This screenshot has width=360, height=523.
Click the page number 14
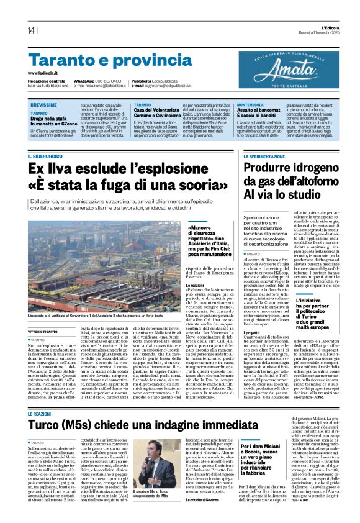(x=31, y=30)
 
